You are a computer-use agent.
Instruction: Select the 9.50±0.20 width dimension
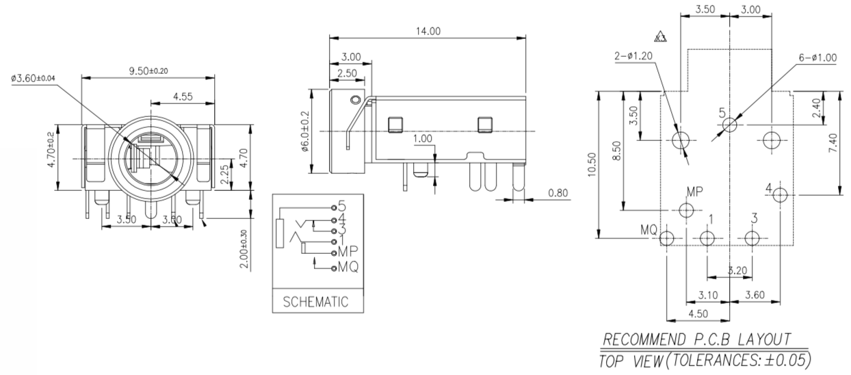click(148, 70)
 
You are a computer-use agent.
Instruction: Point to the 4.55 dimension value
click(182, 96)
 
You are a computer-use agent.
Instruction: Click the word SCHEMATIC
click(316, 301)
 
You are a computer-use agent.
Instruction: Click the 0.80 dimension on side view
click(559, 193)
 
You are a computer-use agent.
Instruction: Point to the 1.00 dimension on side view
click(423, 139)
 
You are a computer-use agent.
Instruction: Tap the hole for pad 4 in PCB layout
click(780, 195)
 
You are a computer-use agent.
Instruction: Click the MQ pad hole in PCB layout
click(666, 238)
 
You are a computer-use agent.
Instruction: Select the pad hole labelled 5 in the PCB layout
click(730, 125)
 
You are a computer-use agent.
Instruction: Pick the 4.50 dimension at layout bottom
click(698, 315)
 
